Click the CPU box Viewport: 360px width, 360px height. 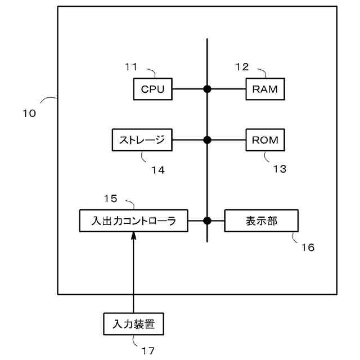click(152, 89)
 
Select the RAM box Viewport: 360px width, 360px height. click(265, 89)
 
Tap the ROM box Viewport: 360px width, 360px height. click(265, 140)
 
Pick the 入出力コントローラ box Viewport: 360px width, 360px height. click(133, 220)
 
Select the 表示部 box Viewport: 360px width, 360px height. click(261, 220)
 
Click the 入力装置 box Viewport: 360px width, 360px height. click(133, 323)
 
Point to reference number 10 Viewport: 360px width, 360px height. click(29, 113)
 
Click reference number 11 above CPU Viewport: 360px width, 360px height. click(132, 67)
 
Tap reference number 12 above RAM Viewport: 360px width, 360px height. click(242, 67)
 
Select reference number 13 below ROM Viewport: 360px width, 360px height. click(280, 168)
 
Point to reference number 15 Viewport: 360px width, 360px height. click(110, 198)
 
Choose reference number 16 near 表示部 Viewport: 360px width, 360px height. click(308, 247)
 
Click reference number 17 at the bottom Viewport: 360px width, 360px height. click(148, 351)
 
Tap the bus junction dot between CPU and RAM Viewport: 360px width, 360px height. click(207, 89)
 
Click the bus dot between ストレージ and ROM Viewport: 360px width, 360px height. click(207, 140)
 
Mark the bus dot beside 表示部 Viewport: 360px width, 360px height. click(207, 220)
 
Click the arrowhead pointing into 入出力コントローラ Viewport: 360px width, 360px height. click(133, 236)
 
